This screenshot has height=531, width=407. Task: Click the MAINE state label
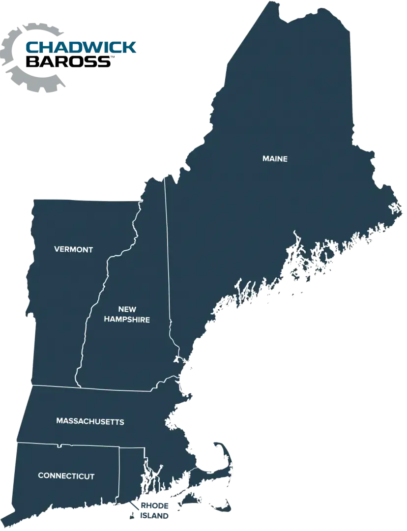pyautogui.click(x=274, y=159)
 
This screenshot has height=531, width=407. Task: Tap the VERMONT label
pyautogui.click(x=73, y=249)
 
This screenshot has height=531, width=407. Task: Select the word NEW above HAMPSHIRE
pyautogui.click(x=127, y=309)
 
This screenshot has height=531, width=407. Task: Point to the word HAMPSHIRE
pyautogui.click(x=127, y=320)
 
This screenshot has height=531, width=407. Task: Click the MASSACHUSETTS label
pyautogui.click(x=90, y=421)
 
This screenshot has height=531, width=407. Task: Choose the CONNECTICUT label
pyautogui.click(x=66, y=476)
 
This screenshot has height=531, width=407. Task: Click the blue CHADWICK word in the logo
pyautogui.click(x=82, y=48)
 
